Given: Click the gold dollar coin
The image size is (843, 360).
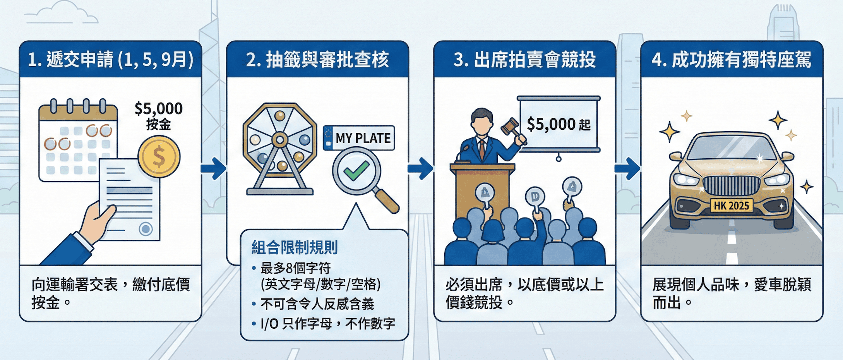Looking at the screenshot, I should [x=159, y=157].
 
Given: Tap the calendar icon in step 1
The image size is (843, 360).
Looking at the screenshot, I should [x=77, y=141].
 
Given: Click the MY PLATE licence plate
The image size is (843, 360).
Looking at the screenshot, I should [x=359, y=138].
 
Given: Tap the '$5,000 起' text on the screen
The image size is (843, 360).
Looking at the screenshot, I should [x=559, y=125].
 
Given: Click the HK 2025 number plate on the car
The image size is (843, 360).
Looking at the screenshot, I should [x=731, y=206].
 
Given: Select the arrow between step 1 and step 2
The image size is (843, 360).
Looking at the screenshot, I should [x=213, y=168].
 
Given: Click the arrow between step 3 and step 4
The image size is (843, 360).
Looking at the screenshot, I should [x=627, y=168].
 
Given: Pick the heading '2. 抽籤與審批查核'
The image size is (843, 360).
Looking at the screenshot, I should [x=317, y=60].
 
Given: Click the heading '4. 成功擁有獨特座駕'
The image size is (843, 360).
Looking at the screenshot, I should [x=732, y=60].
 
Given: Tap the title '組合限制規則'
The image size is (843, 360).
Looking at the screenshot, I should [x=295, y=247].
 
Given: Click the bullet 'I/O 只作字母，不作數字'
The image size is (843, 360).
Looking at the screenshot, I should [x=327, y=324].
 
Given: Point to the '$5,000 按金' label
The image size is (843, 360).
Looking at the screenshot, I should [x=159, y=116].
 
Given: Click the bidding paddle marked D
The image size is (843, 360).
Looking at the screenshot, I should [x=535, y=197].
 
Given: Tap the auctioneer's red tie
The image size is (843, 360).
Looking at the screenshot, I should [x=482, y=149].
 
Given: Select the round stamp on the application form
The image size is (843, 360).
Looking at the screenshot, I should [x=146, y=229].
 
